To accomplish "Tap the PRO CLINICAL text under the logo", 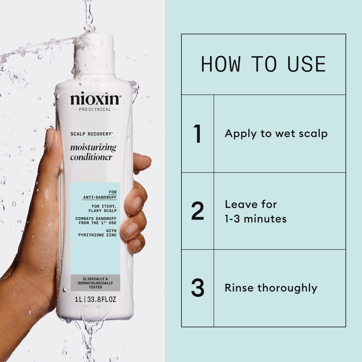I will click(95, 109).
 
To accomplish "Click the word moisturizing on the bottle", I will click(93, 147).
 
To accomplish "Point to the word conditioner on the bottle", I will click(91, 157).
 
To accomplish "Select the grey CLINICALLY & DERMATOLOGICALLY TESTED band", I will click(96, 283).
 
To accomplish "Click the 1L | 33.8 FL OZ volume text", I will click(96, 300).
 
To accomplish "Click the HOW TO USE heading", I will click(263, 64).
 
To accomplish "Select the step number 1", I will click(197, 134).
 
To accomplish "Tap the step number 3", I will click(198, 288).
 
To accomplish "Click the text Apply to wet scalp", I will click(276, 134).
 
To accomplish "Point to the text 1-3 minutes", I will click(256, 219).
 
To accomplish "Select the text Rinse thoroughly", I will click(271, 288).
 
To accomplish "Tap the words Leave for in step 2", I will click(251, 205).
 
